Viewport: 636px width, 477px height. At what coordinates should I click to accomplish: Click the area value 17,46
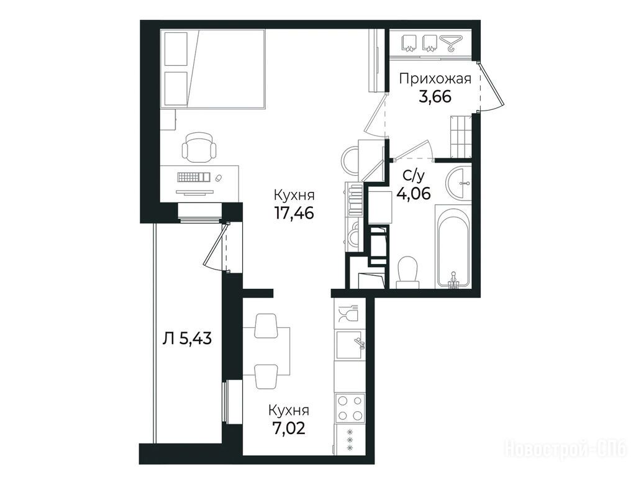point(294,212)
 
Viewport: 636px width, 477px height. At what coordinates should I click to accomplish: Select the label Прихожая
point(435,79)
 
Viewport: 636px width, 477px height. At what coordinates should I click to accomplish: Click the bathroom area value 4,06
point(414,194)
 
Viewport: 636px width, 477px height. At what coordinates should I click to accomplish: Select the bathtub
point(453,246)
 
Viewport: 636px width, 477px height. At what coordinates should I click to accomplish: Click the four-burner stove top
point(350,408)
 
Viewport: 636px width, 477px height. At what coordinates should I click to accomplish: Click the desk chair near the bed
point(198,148)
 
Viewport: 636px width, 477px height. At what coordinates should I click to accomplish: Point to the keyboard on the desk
point(193,177)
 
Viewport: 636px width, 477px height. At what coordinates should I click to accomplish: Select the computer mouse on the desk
point(219,178)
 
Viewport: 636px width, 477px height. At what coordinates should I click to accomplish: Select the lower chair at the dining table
point(266,376)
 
